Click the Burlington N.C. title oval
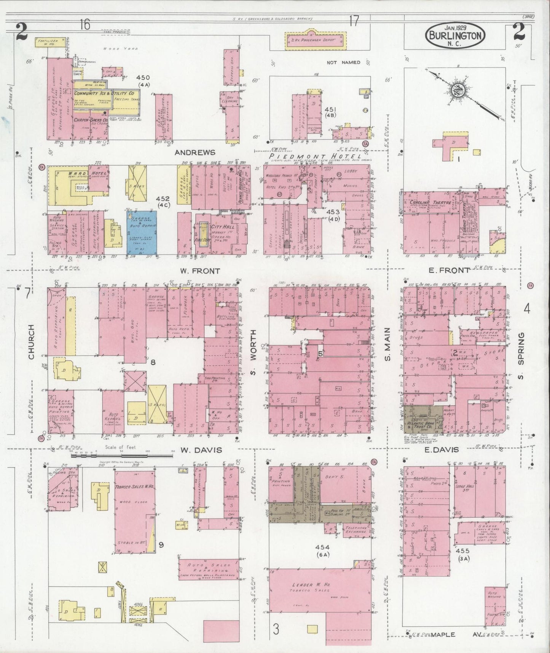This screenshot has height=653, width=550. [x=456, y=35]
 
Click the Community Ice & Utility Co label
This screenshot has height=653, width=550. [x=104, y=93]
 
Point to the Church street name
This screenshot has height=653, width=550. [x=31, y=342]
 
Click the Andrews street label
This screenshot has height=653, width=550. [x=195, y=152]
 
